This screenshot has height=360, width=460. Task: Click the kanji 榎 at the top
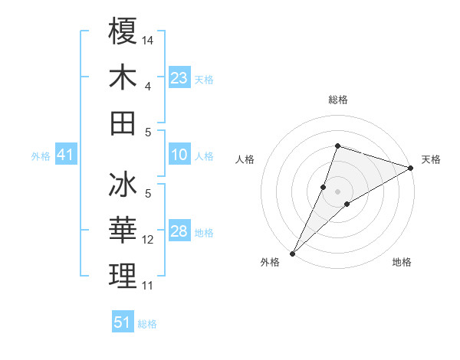pyautogui.click(x=123, y=31)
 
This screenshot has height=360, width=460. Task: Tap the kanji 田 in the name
pyautogui.click(x=123, y=123)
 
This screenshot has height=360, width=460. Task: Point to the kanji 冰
pyautogui.click(x=123, y=187)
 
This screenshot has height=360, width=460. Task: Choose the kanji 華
pyautogui.click(x=123, y=231)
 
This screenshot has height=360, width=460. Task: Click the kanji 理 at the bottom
pyautogui.click(x=123, y=277)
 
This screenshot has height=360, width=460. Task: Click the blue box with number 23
pyautogui.click(x=179, y=78)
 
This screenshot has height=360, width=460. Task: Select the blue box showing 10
pyautogui.click(x=179, y=155)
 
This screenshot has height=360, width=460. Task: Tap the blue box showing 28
pyautogui.click(x=179, y=232)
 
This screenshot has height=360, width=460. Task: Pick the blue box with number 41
pyautogui.click(x=66, y=155)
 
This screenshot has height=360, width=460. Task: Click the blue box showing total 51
pyautogui.click(x=123, y=322)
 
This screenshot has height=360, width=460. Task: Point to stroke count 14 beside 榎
pyautogui.click(x=149, y=39)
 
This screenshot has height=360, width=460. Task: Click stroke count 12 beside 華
pyautogui.click(x=149, y=240)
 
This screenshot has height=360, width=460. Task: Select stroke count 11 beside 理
pyautogui.click(x=149, y=285)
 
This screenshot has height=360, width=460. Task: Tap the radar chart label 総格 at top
pyautogui.click(x=337, y=100)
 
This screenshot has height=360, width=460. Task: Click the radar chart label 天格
pyautogui.click(x=431, y=159)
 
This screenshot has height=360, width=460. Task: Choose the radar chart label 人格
pyautogui.click(x=245, y=159)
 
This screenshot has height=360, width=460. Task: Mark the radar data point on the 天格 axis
pyautogui.click(x=411, y=168)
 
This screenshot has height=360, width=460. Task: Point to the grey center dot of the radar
pyautogui.click(x=337, y=191)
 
